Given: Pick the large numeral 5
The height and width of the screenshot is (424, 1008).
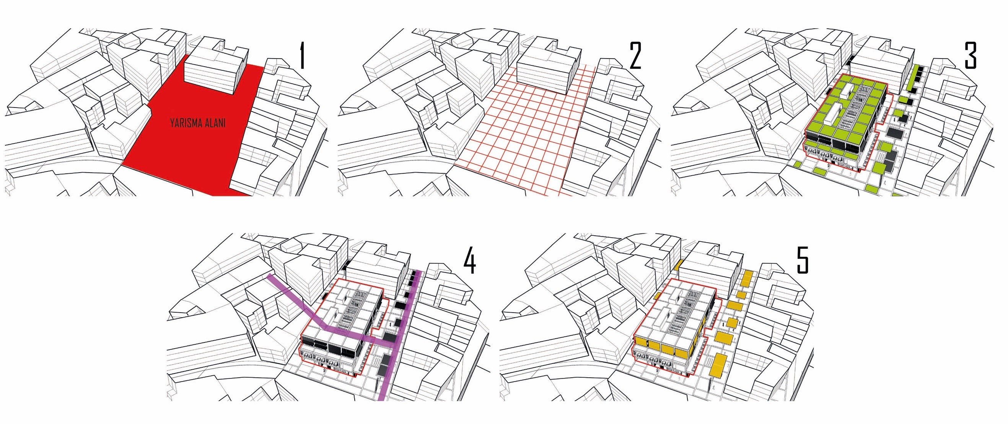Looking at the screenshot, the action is click(x=803, y=261).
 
